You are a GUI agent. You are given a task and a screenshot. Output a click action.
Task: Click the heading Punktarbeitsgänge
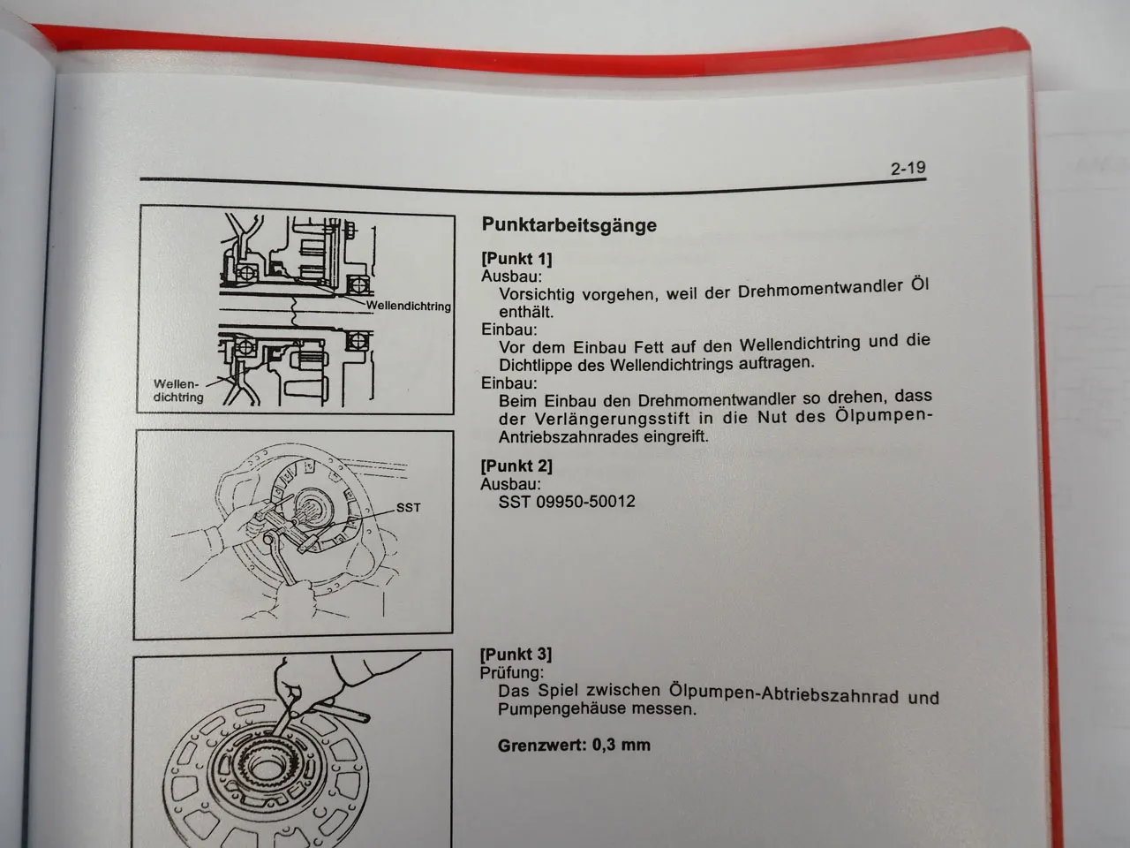click(x=569, y=224)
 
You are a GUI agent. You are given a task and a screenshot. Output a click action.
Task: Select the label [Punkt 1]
click(x=516, y=259)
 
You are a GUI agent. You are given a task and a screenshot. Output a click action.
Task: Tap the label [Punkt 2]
click(x=516, y=466)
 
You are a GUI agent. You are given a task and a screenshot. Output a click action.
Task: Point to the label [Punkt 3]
click(x=516, y=654)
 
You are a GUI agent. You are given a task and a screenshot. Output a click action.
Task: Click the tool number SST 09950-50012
click(x=567, y=502)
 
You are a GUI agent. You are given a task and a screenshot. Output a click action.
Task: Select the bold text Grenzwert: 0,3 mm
click(x=574, y=745)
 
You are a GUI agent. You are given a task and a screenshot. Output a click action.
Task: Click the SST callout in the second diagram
click(x=408, y=507)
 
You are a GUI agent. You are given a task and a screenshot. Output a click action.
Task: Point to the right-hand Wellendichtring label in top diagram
click(x=408, y=307)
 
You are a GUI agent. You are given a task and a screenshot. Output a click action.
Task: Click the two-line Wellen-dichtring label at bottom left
click(x=177, y=390)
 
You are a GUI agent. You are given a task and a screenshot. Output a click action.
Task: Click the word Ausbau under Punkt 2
click(x=510, y=484)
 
